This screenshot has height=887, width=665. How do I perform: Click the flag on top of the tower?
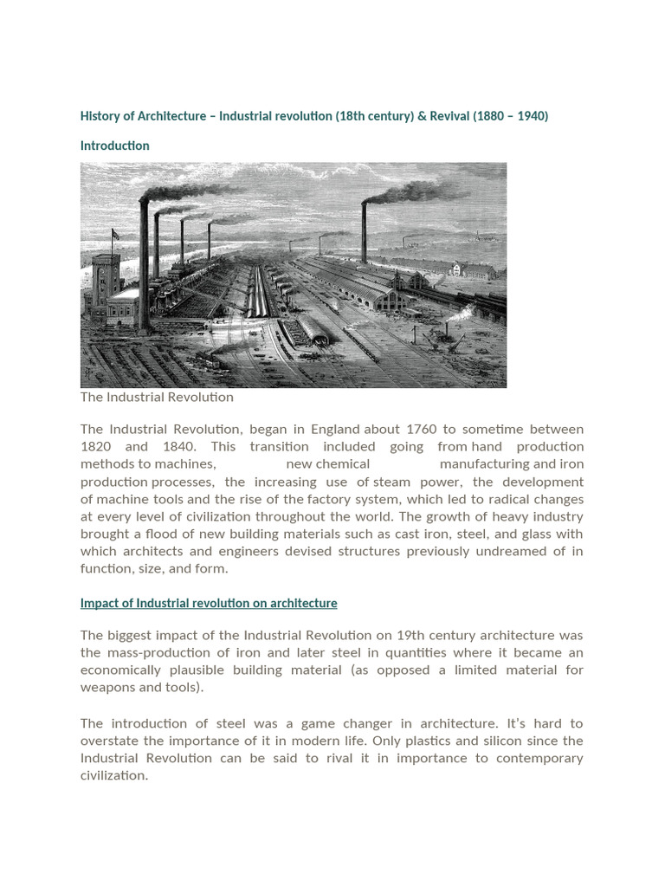pos(115,234)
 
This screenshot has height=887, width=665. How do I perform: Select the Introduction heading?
pos(114,146)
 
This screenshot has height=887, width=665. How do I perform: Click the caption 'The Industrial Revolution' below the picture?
pos(157,397)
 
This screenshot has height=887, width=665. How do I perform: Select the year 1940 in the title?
pos(531,115)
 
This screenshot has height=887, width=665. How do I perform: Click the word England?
pos(330,429)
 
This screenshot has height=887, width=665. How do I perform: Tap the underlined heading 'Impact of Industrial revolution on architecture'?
pos(209,603)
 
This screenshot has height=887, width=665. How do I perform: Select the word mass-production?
pos(151,652)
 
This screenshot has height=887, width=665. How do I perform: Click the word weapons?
pos(110,687)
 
